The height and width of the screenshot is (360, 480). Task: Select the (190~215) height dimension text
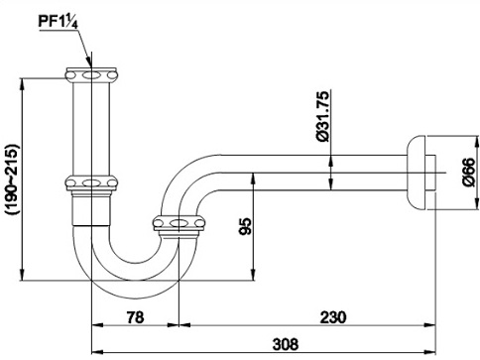point(10,177)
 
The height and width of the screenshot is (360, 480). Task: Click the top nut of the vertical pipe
point(92,75)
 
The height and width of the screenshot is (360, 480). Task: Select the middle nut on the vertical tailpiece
point(92,183)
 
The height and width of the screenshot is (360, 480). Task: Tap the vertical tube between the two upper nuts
point(92,129)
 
